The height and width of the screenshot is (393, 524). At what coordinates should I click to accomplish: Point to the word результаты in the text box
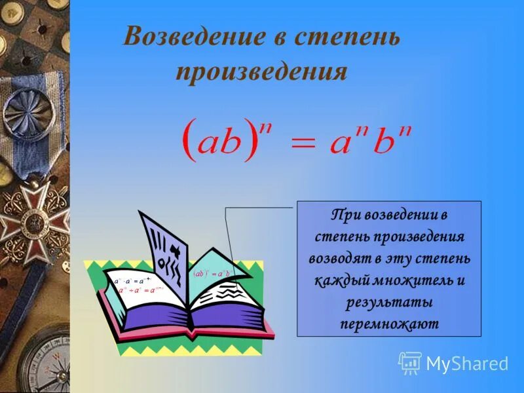pos(388,303)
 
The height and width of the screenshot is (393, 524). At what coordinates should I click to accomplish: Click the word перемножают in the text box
pos(389,324)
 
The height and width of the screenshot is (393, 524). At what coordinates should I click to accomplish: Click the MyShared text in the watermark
pos(467,364)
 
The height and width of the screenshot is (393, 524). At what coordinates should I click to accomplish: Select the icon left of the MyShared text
pos(410,362)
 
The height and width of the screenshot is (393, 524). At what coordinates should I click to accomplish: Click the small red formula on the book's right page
pos(210,274)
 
